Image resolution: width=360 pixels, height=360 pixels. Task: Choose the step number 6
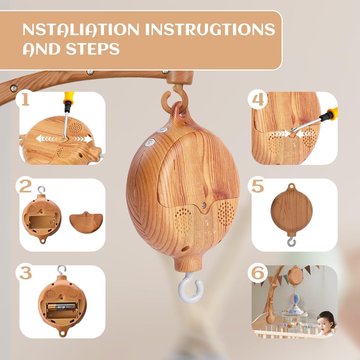(x=258, y=273)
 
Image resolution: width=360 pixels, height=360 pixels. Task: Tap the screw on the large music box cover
(x=204, y=205)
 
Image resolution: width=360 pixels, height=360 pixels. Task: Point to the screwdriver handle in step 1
(x=68, y=98)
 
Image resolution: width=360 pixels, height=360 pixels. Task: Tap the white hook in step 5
(x=291, y=242)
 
